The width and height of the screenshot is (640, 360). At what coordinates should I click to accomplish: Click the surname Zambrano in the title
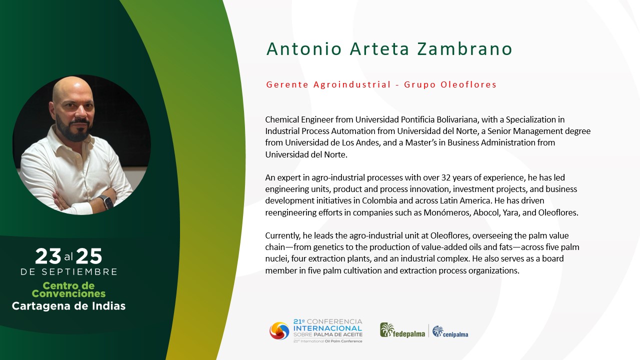pyautogui.click(x=464, y=49)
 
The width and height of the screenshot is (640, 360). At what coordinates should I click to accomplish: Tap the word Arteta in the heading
pyautogui.click(x=379, y=49)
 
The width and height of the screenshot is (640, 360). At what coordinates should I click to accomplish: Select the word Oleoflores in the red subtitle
pyautogui.click(x=468, y=84)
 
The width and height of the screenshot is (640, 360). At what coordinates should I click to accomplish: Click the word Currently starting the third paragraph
pyautogui.click(x=283, y=236)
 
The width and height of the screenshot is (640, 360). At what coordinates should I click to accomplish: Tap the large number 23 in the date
pyautogui.click(x=48, y=256)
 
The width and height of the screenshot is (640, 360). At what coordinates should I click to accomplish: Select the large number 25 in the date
pyautogui.click(x=89, y=256)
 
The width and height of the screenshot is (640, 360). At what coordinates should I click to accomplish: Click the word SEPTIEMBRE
pyautogui.click(x=79, y=271)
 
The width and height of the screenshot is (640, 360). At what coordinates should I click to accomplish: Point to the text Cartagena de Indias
pyautogui.click(x=68, y=306)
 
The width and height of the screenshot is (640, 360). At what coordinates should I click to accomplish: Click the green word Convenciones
pyautogui.click(x=68, y=293)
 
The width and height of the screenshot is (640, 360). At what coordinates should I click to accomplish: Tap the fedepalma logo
pyautogui.click(x=402, y=330)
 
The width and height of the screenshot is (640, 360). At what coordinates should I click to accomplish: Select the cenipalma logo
pyautogui.click(x=450, y=331)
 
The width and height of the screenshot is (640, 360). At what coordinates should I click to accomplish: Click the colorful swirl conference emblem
pyautogui.click(x=279, y=331)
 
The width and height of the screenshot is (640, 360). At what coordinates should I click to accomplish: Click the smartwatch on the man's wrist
pyautogui.click(x=107, y=202)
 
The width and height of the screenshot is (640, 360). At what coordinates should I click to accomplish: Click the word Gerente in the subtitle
pyautogui.click(x=287, y=84)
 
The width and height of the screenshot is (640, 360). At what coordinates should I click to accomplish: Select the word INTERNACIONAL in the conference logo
pyautogui.click(x=327, y=328)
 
